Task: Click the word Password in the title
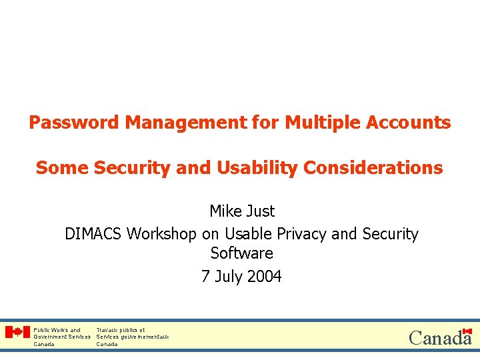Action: (74, 123)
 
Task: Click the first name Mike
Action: (225, 211)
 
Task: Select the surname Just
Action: (260, 211)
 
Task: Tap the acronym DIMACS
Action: (93, 234)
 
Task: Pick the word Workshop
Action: (162, 234)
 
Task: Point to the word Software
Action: (241, 253)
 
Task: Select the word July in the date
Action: (229, 276)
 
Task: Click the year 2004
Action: (265, 276)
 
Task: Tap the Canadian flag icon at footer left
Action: (17, 332)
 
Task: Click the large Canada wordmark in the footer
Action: (439, 338)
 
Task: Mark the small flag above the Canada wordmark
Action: (467, 331)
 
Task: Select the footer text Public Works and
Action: (57, 330)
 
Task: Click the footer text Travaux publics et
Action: (121, 330)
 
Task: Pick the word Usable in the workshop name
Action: (247, 234)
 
